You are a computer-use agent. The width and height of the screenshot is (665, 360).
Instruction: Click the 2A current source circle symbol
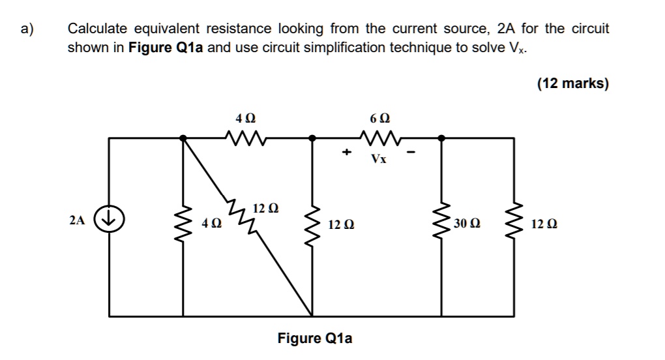pyautogui.click(x=108, y=219)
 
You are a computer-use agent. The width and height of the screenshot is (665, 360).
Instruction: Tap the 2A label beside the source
pyautogui.click(x=77, y=220)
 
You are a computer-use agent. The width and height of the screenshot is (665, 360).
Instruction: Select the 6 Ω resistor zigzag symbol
pyautogui.click(x=377, y=138)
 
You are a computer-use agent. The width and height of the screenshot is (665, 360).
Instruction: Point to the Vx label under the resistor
pyautogui.click(x=378, y=158)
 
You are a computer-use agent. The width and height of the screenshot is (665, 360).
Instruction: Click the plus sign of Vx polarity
pyautogui.click(x=347, y=153)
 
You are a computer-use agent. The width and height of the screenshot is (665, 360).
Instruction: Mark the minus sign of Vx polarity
pyautogui.click(x=411, y=154)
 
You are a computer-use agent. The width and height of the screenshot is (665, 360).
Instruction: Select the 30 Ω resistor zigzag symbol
pyautogui.click(x=443, y=224)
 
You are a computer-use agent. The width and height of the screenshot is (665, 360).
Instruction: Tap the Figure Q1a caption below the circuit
pyautogui.click(x=315, y=338)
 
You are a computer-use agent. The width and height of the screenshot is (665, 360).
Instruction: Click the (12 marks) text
pyautogui.click(x=572, y=83)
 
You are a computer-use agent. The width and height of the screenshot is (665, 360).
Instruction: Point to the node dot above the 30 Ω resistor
pyautogui.click(x=442, y=138)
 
